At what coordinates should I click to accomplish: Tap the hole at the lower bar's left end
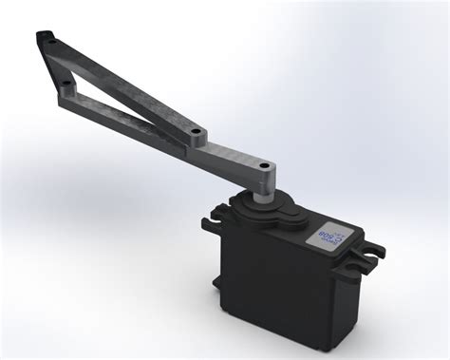point(66,87)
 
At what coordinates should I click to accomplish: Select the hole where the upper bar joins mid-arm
point(196,129)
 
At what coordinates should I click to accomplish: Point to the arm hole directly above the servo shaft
point(270,171)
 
